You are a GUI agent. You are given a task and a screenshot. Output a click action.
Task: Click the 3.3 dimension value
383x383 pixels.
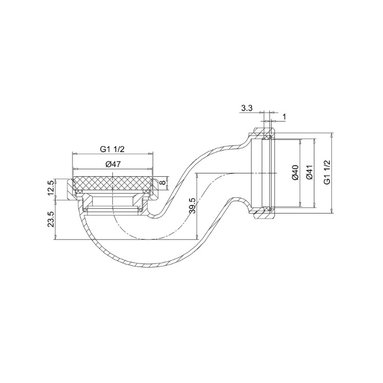[x=247, y=108]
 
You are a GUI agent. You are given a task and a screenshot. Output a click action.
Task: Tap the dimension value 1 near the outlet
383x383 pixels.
[x=284, y=117]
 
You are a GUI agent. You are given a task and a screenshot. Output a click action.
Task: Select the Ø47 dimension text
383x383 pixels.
[x=113, y=164]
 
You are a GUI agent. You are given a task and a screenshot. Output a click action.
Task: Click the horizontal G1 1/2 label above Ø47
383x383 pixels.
[x=112, y=149]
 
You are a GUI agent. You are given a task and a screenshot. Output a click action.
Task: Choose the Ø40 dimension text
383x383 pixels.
[x=295, y=173]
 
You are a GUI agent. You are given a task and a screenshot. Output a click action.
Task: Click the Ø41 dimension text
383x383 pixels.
[x=309, y=173]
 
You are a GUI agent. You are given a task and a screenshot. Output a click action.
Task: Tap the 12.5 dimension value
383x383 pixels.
[x=51, y=187]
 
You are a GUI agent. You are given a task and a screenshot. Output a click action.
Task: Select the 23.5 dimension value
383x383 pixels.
[x=51, y=220]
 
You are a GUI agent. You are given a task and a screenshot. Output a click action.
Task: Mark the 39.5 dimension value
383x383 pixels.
[x=192, y=206]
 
